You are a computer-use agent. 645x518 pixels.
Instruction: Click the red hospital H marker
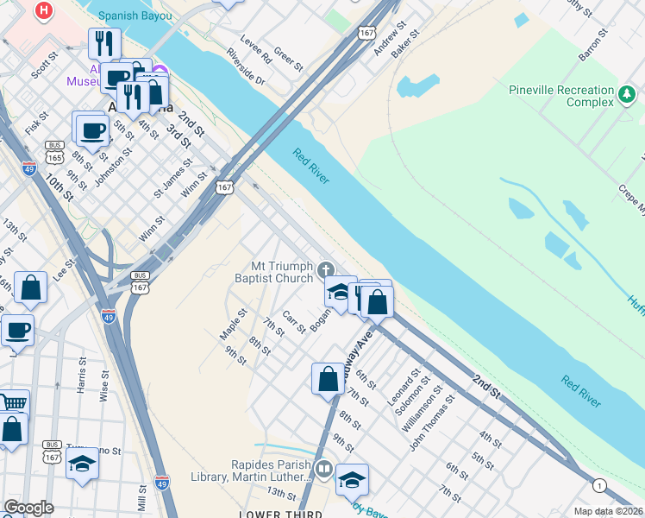click(x=43, y=11)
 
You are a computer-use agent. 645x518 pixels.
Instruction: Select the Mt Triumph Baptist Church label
click(x=276, y=272)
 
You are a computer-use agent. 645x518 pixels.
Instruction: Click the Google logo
click(x=28, y=508)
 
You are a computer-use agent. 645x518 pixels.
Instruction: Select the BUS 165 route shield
click(x=55, y=152)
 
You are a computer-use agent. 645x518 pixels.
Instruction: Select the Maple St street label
click(x=233, y=324)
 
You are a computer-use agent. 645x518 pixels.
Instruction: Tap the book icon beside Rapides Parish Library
click(x=323, y=469)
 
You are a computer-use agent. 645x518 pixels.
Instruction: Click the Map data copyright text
click(x=608, y=511)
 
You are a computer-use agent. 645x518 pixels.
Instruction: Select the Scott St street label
click(x=45, y=66)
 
